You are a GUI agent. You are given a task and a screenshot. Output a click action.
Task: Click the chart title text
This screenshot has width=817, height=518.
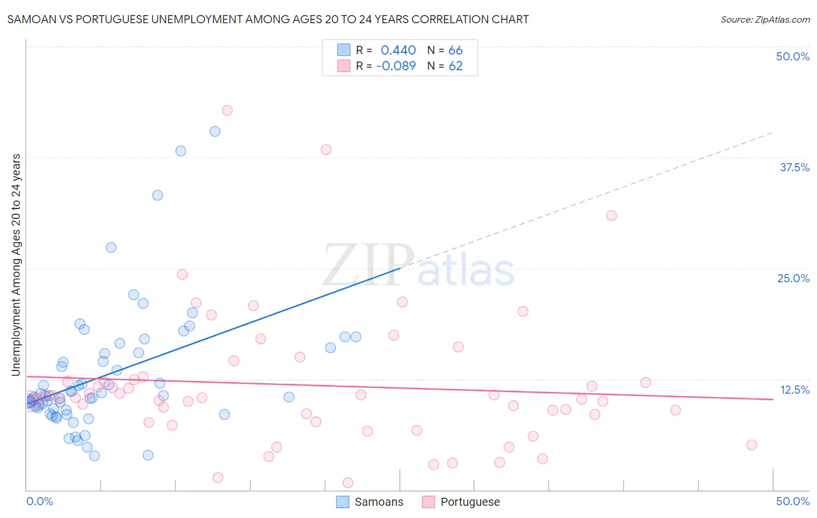[268, 19]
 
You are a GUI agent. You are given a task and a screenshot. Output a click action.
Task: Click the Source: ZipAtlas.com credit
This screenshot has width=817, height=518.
[765, 19]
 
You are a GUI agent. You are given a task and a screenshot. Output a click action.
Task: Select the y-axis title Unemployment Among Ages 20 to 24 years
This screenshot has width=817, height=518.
[16, 265]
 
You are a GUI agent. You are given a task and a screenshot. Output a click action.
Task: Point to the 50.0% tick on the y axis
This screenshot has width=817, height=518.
[792, 56]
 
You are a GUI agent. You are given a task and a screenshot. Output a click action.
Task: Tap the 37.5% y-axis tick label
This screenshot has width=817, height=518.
[794, 167]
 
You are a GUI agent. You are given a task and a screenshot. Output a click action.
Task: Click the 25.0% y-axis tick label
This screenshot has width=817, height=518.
[793, 278]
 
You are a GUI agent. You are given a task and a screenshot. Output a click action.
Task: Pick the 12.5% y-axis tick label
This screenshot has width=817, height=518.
[794, 390]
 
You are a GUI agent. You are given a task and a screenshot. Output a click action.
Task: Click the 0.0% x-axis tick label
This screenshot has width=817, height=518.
[40, 501]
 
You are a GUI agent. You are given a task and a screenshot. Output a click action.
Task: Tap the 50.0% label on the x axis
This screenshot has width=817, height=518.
[792, 501]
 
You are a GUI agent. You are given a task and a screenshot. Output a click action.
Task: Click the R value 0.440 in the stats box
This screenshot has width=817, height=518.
[398, 50]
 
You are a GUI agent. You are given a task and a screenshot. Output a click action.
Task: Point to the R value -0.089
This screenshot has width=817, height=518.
[396, 66]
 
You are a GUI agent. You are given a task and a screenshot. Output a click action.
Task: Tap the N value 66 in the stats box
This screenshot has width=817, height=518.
[455, 50]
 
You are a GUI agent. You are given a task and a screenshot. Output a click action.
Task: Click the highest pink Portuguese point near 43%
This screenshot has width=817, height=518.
[227, 110]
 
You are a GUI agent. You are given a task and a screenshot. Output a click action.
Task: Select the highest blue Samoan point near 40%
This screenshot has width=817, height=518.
[215, 131]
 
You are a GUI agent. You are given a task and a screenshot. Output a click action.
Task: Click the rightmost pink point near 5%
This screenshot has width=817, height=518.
[751, 445]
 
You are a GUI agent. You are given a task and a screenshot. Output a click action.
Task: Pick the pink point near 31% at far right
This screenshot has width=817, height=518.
[611, 215]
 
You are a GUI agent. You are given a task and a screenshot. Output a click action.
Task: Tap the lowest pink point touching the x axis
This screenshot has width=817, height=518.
[348, 483]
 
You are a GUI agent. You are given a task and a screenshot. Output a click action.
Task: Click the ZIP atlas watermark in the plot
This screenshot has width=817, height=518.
[418, 267]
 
